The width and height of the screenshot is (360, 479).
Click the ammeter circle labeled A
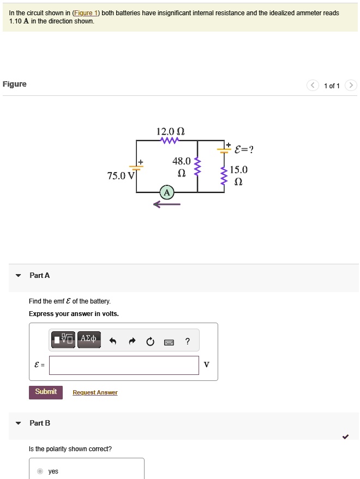coord(167,192)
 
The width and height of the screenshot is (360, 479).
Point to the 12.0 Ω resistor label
coord(170,131)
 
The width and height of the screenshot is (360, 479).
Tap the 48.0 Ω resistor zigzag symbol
coord(197,166)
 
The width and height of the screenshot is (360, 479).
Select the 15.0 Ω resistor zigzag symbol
coord(223,175)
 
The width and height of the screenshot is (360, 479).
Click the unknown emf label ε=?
coord(243,149)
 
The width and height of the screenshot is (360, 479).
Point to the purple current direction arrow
coord(166,205)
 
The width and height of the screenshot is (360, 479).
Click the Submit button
coord(46,392)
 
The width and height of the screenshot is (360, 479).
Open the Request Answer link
coord(95,392)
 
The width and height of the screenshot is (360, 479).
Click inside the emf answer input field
coord(124,365)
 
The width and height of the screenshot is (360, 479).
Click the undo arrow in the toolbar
coord(113,342)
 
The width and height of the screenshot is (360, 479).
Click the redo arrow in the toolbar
coord(131,342)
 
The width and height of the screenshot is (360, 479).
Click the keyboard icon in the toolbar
coord(169,342)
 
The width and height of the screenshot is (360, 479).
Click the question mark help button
coord(187,342)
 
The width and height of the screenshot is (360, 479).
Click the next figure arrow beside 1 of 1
coord(351,86)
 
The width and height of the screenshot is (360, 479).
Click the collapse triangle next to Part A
coord(19,276)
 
